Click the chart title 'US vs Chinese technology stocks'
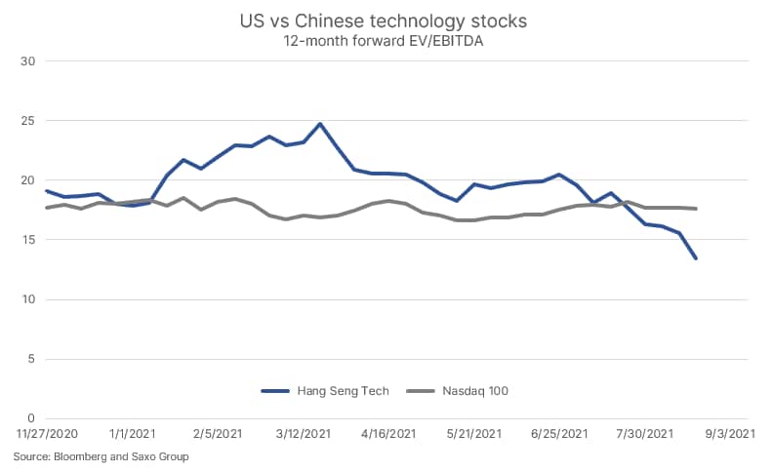click(x=386, y=20)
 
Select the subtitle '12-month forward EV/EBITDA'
click(x=386, y=41)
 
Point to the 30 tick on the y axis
click(x=28, y=61)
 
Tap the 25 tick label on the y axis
click(x=28, y=121)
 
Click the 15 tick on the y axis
click(x=28, y=240)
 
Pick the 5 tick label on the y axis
click(x=31, y=359)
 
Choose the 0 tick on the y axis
click(x=31, y=418)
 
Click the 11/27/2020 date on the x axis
click(x=46, y=433)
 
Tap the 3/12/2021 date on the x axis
click(x=303, y=433)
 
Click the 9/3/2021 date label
click(x=730, y=433)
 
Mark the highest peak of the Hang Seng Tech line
click(x=320, y=124)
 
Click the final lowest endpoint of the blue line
click(x=696, y=258)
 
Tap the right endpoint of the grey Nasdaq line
click(x=696, y=209)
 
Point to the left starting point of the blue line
click(x=47, y=191)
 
